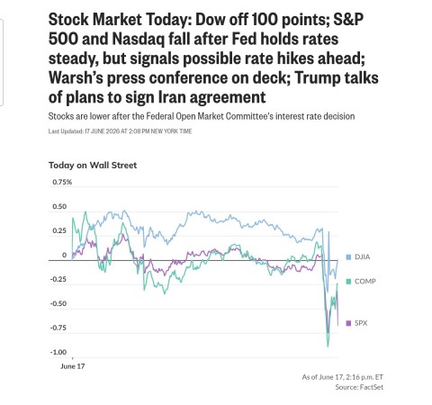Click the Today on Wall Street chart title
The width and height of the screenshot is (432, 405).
(93, 166)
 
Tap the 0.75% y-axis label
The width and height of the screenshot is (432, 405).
(62, 182)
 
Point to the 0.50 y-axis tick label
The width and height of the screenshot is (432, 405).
(59, 206)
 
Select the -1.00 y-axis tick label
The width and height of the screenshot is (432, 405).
(58, 352)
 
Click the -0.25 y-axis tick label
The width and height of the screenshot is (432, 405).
(58, 279)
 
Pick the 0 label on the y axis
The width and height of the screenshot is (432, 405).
(64, 255)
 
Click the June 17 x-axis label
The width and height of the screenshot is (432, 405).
(73, 366)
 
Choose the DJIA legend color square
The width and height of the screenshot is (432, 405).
(348, 257)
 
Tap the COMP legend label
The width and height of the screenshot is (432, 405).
(365, 282)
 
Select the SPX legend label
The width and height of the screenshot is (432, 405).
(361, 323)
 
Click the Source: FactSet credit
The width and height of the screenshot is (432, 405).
(359, 387)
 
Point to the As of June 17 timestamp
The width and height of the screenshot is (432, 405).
(343, 377)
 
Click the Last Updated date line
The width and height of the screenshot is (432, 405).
(120, 131)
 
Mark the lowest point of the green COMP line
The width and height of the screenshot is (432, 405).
(328, 346)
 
